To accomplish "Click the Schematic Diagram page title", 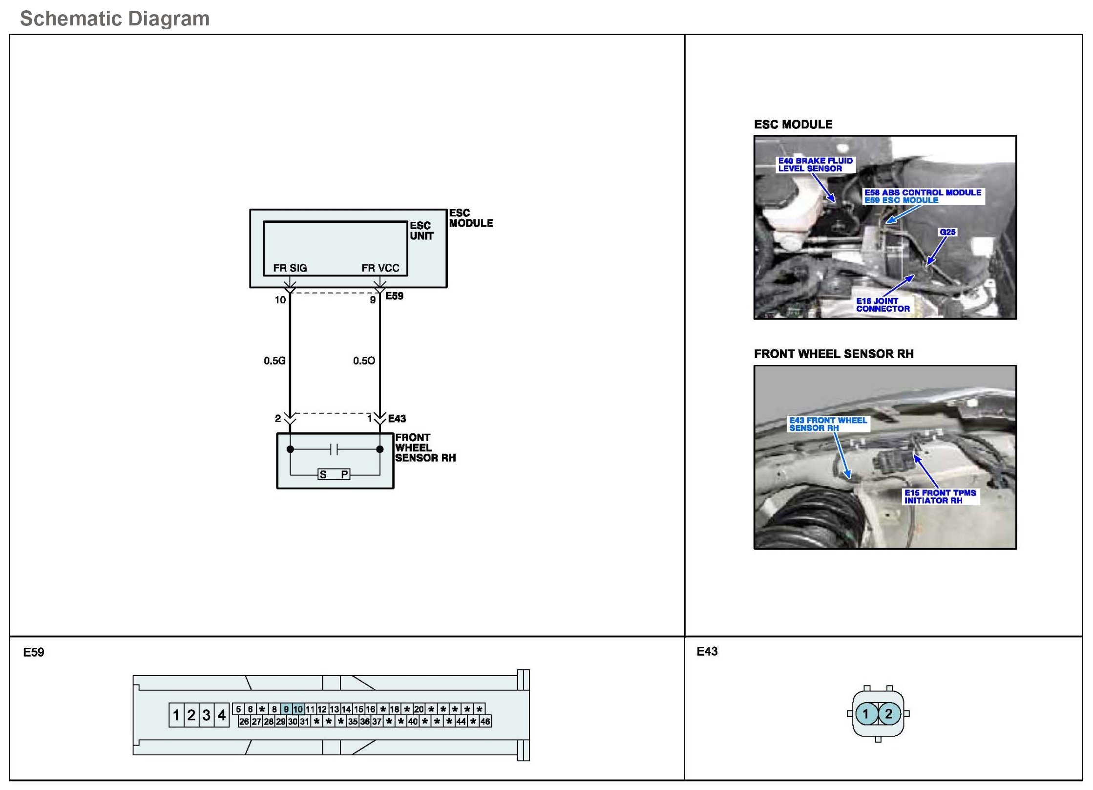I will (115, 19).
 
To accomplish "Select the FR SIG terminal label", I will (290, 268).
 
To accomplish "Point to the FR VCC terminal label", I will (380, 268).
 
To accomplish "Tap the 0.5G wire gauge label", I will (274, 361).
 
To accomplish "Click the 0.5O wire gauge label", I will (364, 361).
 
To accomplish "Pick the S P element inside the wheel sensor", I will (334, 474).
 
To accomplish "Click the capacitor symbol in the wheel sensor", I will (334, 449).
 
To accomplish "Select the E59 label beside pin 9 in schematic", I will (394, 296).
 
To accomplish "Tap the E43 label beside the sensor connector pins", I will (397, 419).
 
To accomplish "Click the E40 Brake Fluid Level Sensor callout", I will (815, 165).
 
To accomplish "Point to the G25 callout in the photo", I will (947, 232).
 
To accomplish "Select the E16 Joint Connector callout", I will (883, 305).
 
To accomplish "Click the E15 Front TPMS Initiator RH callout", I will (940, 496).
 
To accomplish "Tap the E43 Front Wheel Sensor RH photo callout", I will (828, 424).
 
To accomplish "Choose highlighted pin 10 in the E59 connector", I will (298, 709).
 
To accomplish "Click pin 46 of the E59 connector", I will (485, 721).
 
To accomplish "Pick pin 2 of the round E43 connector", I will (888, 714).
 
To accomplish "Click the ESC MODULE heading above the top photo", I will (793, 125).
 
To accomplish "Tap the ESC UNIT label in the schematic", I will (421, 231).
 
